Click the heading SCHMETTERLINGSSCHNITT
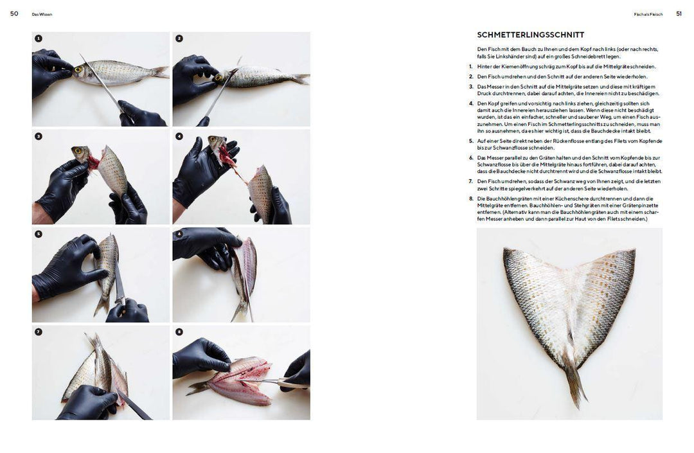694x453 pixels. tap(530, 35)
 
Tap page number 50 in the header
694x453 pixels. tap(14, 13)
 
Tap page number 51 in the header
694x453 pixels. tap(679, 13)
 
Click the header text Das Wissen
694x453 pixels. tap(42, 14)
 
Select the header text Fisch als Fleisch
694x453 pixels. tap(648, 14)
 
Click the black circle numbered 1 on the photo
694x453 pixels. tap(39, 39)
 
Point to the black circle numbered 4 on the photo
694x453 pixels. tap(179, 136)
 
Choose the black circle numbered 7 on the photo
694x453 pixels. tap(39, 332)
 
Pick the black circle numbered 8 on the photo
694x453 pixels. tap(179, 332)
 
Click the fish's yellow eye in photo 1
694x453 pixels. tap(78, 69)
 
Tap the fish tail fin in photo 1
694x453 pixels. tap(160, 72)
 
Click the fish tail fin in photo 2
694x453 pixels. tap(301, 78)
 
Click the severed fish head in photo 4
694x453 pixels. tap(218, 144)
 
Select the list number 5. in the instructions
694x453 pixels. tap(470, 140)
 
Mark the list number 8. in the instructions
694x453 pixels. tap(470, 199)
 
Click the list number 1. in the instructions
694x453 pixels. tap(470, 66)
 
